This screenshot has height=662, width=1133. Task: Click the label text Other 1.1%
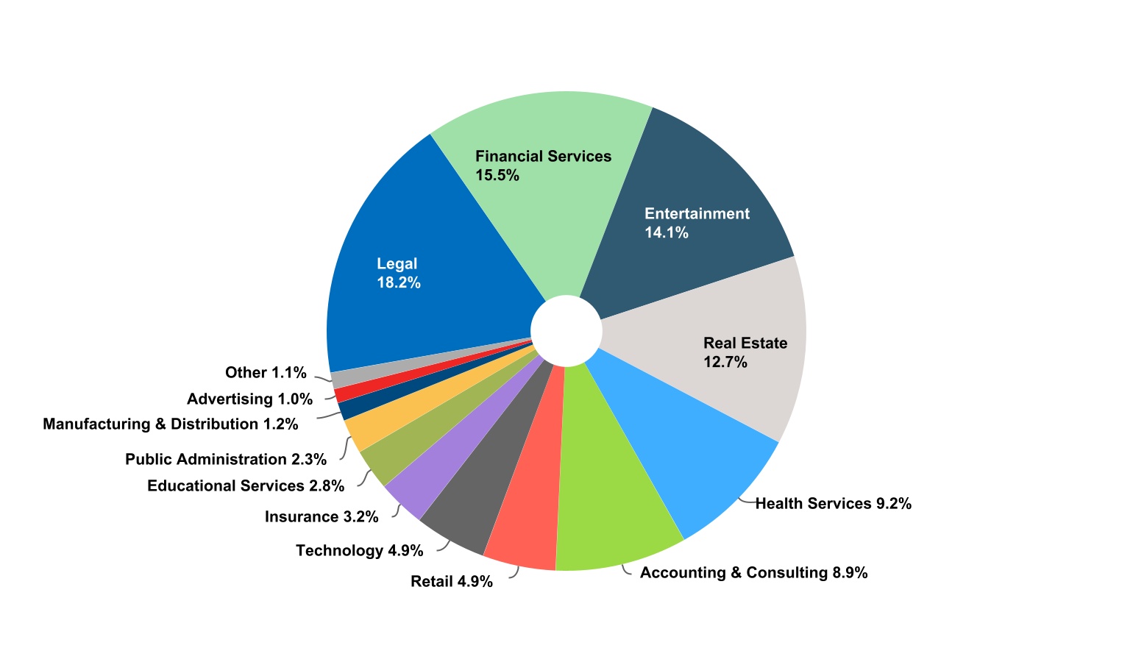pos(266,373)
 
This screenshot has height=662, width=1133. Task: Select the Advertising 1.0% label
pos(249,399)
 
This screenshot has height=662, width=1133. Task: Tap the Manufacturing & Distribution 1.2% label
pos(170,424)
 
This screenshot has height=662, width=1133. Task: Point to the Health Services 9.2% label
pos(834,504)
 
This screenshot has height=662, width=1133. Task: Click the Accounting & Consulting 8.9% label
pos(753,573)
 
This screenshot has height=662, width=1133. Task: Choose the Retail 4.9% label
pos(451,582)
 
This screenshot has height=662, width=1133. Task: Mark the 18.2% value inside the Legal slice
pos(399,283)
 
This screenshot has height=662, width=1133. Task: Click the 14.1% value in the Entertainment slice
pos(667,233)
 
